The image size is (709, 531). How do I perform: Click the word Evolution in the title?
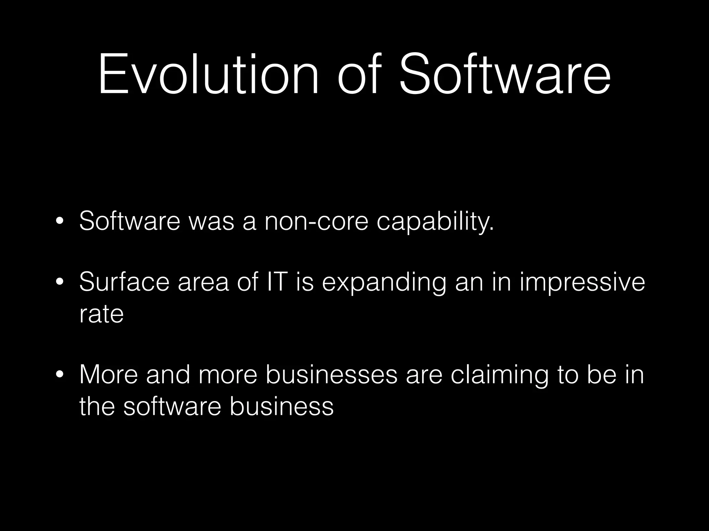[208, 74]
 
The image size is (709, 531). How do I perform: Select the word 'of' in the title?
[358, 74]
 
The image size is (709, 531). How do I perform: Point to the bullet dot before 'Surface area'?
[60, 282]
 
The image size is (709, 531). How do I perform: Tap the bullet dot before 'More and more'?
[60, 375]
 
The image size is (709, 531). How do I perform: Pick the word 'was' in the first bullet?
[212, 221]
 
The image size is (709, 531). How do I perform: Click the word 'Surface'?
[124, 282]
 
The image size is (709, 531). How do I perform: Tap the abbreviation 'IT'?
[277, 282]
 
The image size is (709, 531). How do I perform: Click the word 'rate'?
[101, 314]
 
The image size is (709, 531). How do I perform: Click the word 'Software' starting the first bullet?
[130, 221]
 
